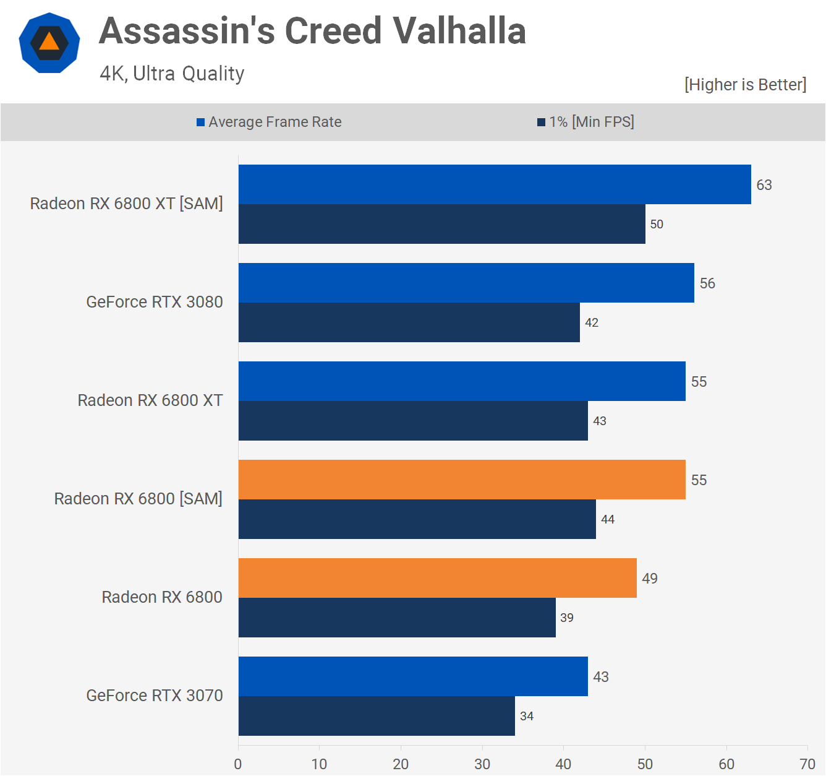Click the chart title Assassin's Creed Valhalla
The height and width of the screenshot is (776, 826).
tap(312, 31)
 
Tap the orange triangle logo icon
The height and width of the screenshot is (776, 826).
tap(49, 43)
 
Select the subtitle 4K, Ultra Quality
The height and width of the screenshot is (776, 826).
tap(172, 74)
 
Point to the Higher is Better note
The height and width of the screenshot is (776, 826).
tap(745, 85)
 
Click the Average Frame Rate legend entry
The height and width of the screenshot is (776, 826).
tap(269, 122)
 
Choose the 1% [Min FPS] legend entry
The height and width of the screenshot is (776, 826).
tap(585, 122)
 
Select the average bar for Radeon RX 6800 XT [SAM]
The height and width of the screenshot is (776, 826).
tap(495, 184)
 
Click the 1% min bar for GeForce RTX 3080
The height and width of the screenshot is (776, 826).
tap(409, 322)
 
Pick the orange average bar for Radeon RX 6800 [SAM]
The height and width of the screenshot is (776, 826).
tap(462, 480)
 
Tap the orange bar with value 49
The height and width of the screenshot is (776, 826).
tap(438, 578)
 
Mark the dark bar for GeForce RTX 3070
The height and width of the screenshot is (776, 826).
tap(377, 716)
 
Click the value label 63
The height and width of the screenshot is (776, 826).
tap(764, 185)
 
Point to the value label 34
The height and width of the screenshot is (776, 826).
tap(527, 716)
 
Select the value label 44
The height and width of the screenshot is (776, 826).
tap(608, 519)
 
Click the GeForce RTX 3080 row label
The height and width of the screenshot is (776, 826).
tap(155, 302)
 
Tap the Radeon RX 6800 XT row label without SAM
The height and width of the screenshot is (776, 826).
tap(150, 400)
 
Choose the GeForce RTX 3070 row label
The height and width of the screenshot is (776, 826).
tap(155, 696)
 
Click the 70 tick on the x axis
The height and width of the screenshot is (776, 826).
tap(807, 764)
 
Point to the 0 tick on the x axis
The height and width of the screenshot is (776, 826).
tap(238, 764)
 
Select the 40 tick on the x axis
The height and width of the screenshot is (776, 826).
tap(563, 764)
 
